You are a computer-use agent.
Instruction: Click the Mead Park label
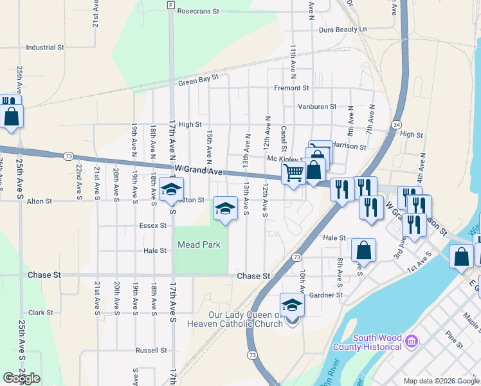pos(199,244)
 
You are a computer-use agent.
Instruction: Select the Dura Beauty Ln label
pos(342,30)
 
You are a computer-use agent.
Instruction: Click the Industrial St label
pos(45,48)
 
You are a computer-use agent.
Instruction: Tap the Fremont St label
pos(291,88)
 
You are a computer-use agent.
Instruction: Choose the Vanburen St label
pos(317,107)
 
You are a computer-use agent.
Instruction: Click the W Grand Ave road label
pos(198,172)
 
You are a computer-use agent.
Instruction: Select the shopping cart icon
pos(293,173)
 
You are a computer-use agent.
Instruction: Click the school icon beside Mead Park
pos(225,208)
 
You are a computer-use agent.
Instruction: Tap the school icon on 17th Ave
pos(172,189)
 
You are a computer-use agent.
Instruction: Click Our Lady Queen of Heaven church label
pos(246,319)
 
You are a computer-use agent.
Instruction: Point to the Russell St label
pos(151,351)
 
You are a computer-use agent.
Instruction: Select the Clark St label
pos(40,313)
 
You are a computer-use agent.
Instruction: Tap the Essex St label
pos(153,226)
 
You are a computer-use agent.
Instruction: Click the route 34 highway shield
pos(397,124)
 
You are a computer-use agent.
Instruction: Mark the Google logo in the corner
pos(21,378)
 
